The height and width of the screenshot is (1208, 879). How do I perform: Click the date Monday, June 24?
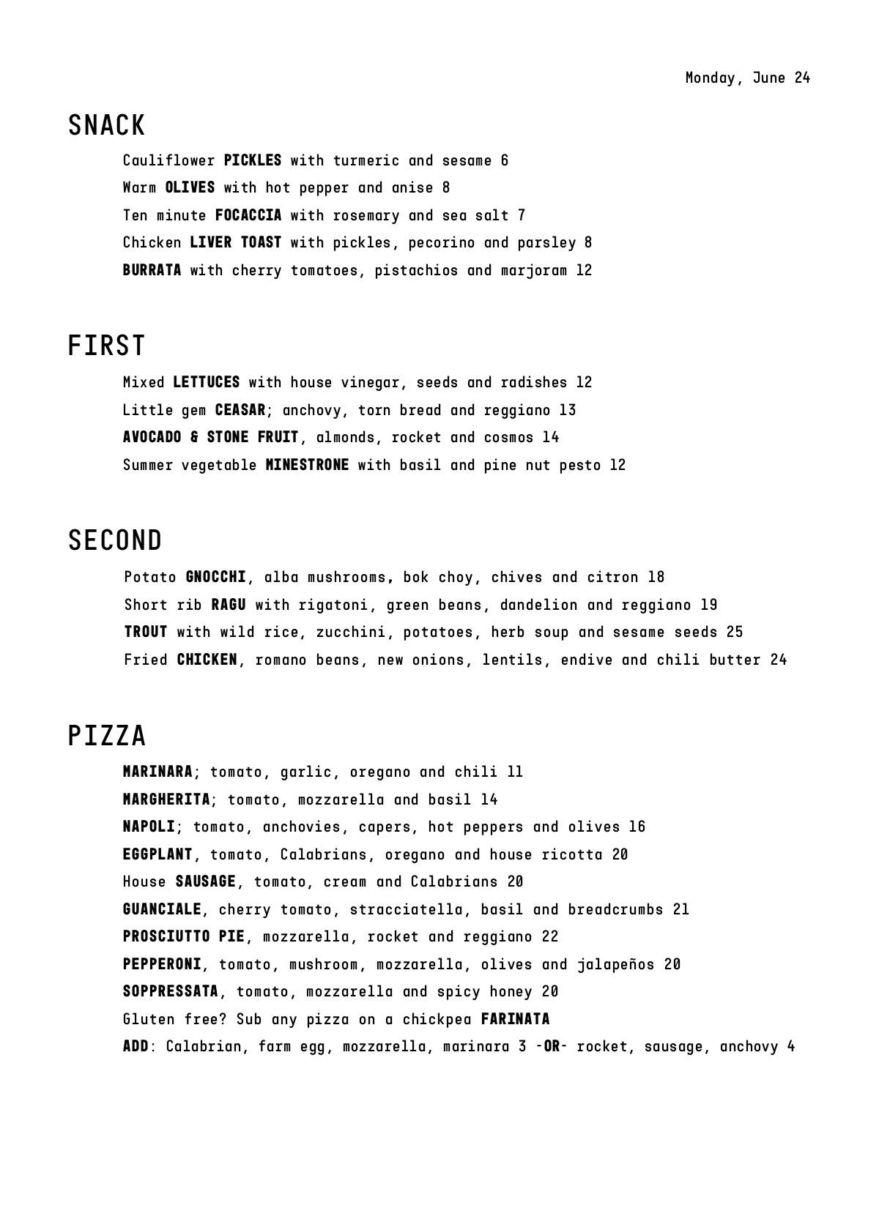[x=747, y=78]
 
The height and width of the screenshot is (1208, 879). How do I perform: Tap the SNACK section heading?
[x=107, y=126]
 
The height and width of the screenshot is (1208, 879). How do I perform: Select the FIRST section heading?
[x=107, y=346]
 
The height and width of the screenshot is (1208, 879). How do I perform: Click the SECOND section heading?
[x=115, y=541]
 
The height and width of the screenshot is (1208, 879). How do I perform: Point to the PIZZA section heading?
[x=107, y=736]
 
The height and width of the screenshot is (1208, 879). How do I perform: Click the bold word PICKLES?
[x=253, y=160]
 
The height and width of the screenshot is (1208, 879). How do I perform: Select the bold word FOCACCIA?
[x=248, y=215]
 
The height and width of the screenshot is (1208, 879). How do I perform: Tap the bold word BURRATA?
[x=152, y=270]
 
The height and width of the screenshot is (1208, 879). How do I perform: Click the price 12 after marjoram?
[x=584, y=270]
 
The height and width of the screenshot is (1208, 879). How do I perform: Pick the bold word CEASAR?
[x=240, y=410]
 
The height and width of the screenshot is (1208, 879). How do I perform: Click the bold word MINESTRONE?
[x=307, y=465]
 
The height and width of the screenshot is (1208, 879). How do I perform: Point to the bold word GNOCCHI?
[x=216, y=577]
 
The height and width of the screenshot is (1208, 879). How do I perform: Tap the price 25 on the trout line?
[x=735, y=632]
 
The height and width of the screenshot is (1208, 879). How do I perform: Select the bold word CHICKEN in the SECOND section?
[x=207, y=660]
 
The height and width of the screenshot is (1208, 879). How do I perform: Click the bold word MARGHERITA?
[x=166, y=799]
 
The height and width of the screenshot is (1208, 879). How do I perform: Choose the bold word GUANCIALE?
[x=162, y=909]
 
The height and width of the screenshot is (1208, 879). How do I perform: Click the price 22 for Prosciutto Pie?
[x=550, y=936]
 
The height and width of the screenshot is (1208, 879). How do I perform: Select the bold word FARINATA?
[x=515, y=1019]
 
